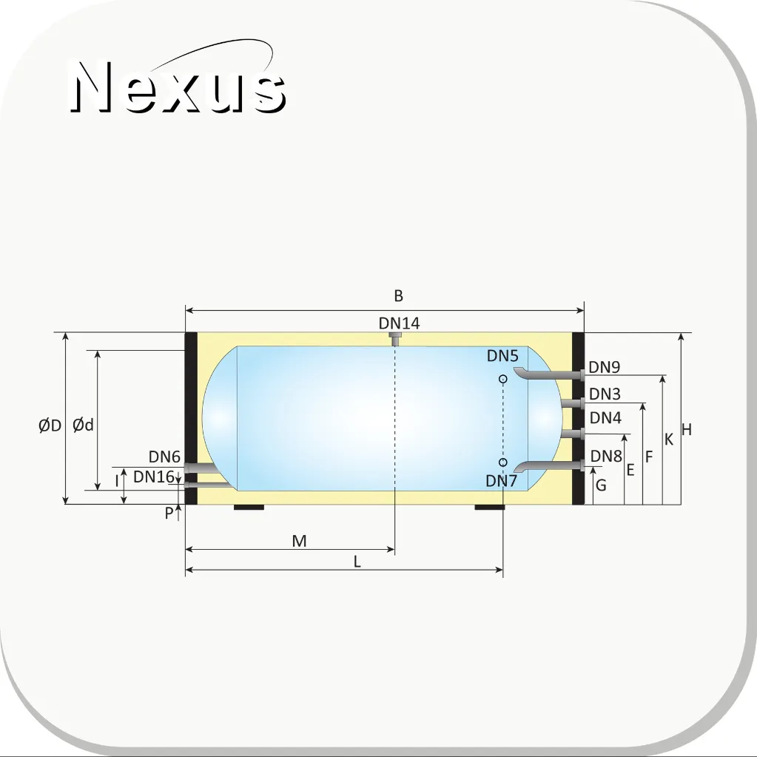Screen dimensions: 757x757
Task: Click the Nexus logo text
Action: tap(178, 87)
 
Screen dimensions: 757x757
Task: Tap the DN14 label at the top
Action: tap(400, 323)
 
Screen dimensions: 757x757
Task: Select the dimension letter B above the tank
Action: tap(398, 295)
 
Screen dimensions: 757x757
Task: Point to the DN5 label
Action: tap(502, 356)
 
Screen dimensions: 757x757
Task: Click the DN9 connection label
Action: tap(605, 367)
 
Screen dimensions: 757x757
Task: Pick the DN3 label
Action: tap(605, 394)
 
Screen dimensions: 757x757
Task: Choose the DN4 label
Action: tap(605, 417)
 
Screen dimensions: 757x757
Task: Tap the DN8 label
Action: tap(606, 456)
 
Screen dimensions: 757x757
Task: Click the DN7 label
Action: tap(501, 481)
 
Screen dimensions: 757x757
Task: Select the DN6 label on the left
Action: tap(164, 457)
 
